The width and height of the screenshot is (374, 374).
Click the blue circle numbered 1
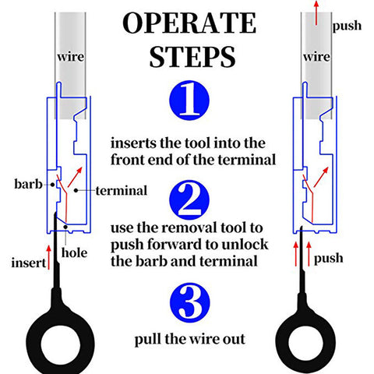tap(189, 101)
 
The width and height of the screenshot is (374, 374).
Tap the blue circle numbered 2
tap(189, 200)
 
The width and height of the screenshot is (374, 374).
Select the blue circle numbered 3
tap(189, 302)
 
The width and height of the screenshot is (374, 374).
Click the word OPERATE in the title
tap(189, 23)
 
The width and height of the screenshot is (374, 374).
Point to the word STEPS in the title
tap(192, 57)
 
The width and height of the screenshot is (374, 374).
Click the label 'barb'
tap(28, 184)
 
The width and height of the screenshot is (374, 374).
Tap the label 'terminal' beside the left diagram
tap(122, 191)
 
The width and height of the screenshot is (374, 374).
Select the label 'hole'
tap(74, 252)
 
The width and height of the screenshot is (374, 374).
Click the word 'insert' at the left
tap(29, 263)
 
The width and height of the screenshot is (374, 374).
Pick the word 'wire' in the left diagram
tap(71, 57)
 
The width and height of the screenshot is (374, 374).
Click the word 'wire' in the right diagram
tap(316, 57)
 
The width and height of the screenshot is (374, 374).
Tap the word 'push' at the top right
tap(347, 26)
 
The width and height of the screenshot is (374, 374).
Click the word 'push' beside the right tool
tap(328, 259)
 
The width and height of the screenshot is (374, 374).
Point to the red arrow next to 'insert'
tap(48, 257)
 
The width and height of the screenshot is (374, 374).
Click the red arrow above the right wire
tap(316, 12)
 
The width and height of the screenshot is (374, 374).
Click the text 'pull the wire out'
tap(189, 340)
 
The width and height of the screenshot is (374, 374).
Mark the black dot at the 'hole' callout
tap(66, 227)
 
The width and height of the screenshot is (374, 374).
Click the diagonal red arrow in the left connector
tap(75, 177)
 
